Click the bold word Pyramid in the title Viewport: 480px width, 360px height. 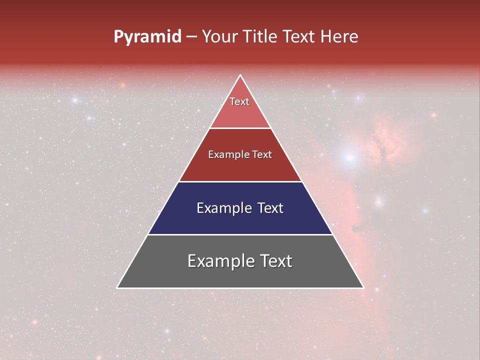[x=147, y=37]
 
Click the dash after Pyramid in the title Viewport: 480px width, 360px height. [x=191, y=37]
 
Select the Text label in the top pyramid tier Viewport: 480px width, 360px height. [x=239, y=101]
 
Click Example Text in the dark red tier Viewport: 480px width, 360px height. [x=240, y=154]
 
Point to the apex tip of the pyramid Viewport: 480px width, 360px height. [x=240, y=75]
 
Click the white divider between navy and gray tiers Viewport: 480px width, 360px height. [x=240, y=234]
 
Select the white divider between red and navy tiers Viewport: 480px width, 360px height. [x=240, y=181]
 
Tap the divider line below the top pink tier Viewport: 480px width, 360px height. [x=240, y=128]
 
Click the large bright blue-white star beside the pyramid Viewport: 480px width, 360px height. [x=349, y=157]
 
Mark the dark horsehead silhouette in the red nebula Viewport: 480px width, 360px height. [x=357, y=227]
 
